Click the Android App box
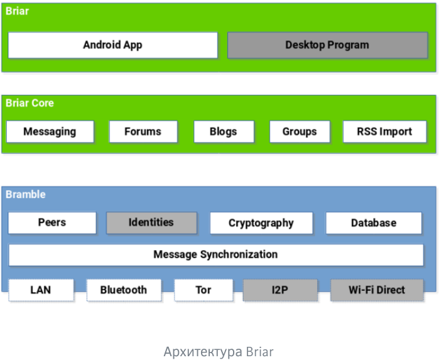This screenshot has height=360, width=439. (x=113, y=45)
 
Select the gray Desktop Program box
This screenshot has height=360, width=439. (x=327, y=45)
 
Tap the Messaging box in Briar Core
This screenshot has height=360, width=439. (x=50, y=132)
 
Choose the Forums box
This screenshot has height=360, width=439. (x=143, y=132)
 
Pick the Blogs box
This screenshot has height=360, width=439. (x=224, y=132)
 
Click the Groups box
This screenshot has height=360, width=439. (x=300, y=132)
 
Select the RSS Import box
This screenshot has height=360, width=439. (x=384, y=132)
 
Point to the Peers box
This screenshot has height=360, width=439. (x=52, y=222)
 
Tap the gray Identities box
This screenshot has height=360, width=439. (x=151, y=222)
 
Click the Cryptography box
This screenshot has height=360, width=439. (x=261, y=223)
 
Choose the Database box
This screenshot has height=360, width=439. (x=374, y=223)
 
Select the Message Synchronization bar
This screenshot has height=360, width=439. (x=215, y=254)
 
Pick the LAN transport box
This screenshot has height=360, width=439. (x=41, y=290)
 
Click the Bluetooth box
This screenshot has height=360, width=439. (x=124, y=290)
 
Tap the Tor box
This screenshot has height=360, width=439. (x=203, y=290)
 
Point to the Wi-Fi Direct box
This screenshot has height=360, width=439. (x=377, y=290)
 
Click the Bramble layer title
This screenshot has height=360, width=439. (x=26, y=195)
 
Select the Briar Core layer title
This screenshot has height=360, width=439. (x=30, y=103)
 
